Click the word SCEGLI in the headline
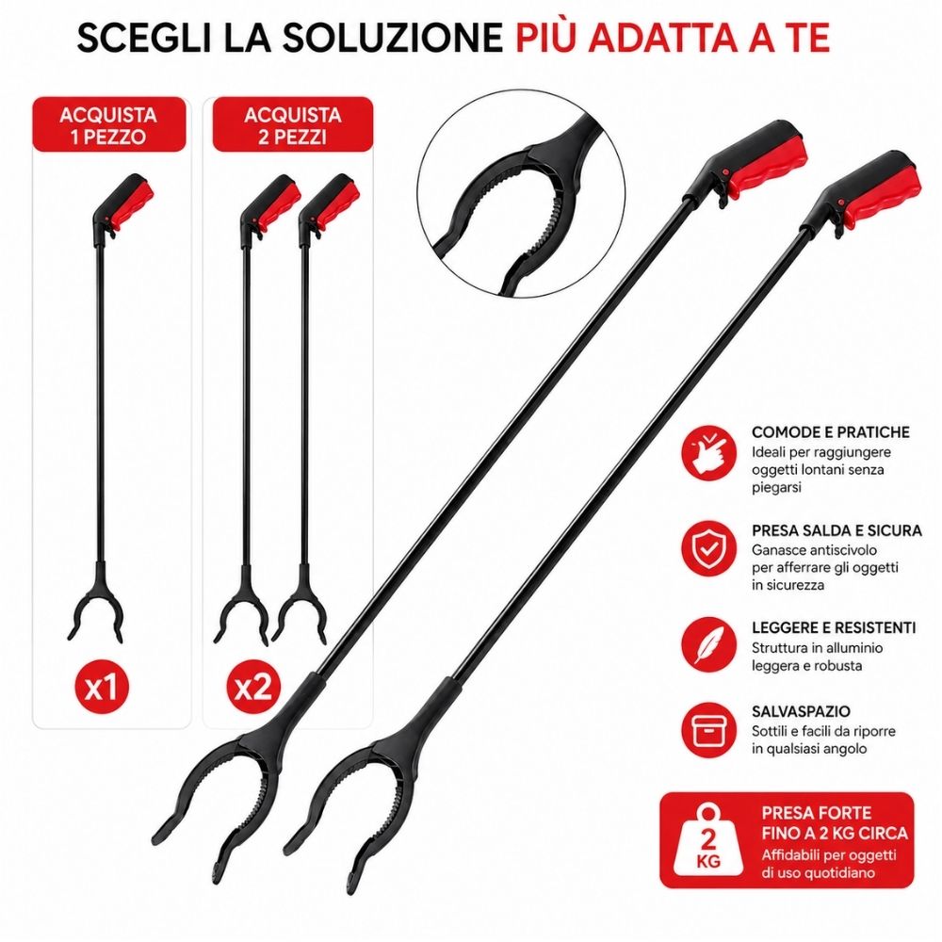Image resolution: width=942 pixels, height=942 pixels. pos(144,38)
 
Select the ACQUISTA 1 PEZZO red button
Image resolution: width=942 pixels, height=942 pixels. pos(108,124)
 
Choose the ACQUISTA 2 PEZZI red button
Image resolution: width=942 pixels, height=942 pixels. pos(293,124)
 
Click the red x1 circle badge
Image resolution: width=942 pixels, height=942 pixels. pos(102,687)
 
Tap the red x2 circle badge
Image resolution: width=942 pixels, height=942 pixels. pos(253,687)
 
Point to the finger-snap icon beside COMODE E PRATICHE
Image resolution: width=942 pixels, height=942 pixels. pos(709,452)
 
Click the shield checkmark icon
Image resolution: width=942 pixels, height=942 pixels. pos(709,548)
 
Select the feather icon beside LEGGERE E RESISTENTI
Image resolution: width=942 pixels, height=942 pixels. pos(709,644)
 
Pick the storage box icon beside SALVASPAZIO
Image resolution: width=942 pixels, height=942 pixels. pos(709,730)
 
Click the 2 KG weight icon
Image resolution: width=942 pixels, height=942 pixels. pos(707,840)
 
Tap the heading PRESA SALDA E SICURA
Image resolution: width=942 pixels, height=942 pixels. pos(836,530)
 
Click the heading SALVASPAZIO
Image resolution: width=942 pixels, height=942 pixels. pos(801,711)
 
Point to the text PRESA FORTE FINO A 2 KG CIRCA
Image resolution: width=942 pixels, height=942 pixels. pos(835,823)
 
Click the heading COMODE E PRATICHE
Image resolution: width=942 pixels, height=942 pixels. pos(830,432)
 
